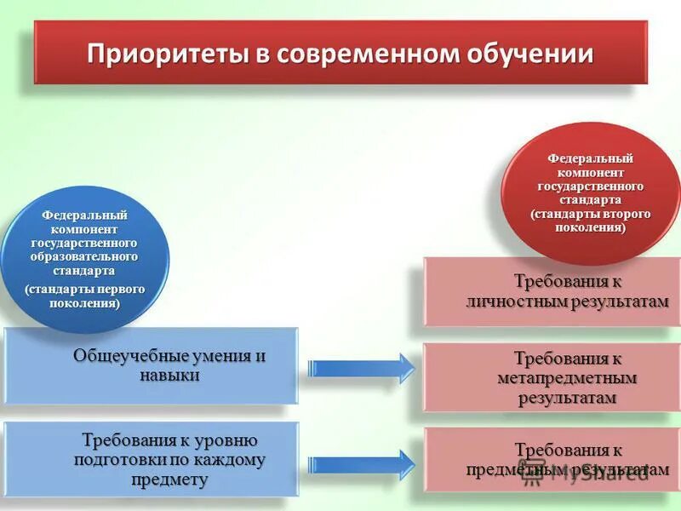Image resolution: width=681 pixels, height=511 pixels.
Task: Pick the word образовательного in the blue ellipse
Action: tap(83, 257)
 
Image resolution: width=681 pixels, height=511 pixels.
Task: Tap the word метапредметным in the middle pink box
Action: tap(567, 378)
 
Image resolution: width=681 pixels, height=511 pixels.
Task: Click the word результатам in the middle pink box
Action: tap(567, 398)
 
